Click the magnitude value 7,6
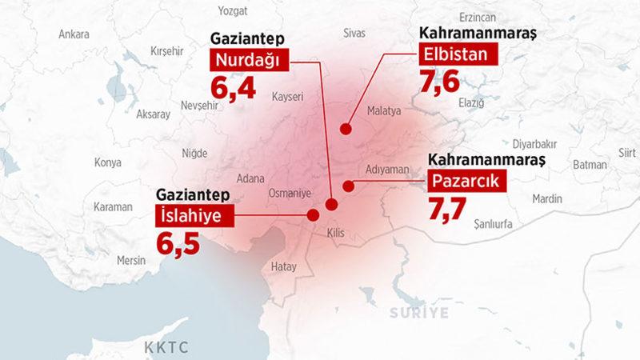440,82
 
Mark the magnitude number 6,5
178,242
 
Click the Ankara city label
74,34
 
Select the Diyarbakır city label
534,144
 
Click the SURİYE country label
419,313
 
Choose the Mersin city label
130,260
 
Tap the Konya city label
107,162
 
